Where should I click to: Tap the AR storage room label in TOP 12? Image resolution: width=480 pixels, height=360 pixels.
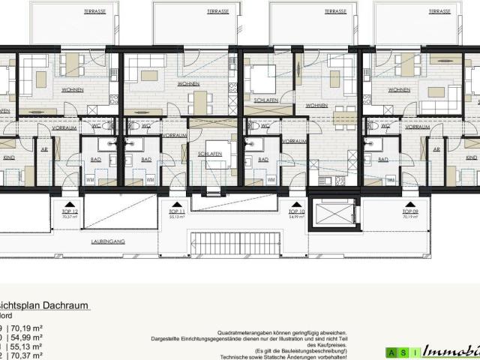pos(44,148)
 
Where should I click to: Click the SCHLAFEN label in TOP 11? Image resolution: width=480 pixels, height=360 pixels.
pos(208,152)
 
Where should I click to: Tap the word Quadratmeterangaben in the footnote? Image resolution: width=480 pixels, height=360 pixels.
pos(248,330)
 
